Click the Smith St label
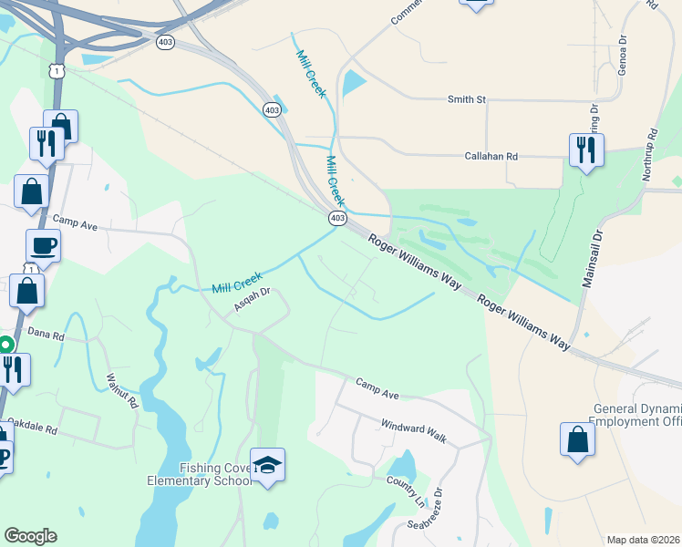click(x=466, y=99)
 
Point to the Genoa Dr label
click(x=623, y=54)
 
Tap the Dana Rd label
click(x=46, y=335)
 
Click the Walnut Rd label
click(x=121, y=389)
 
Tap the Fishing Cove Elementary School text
click(x=200, y=474)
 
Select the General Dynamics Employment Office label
click(x=637, y=415)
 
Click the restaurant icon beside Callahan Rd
click(x=586, y=150)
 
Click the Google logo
click(x=30, y=536)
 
